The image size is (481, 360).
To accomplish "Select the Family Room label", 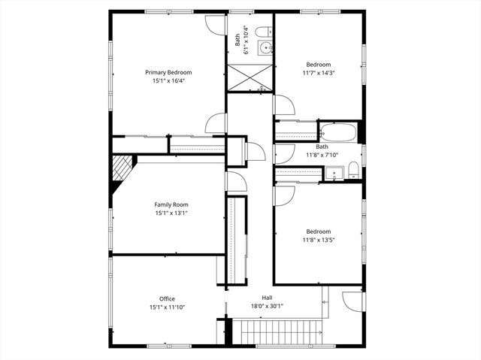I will click(x=171, y=204).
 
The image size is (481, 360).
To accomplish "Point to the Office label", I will click(x=167, y=299).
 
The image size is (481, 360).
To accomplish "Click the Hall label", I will click(x=267, y=298).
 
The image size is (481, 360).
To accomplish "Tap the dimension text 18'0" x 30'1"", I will click(x=267, y=306).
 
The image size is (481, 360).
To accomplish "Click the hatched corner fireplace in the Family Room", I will click(x=121, y=171).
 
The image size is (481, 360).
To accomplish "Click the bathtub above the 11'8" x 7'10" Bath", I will click(x=337, y=132).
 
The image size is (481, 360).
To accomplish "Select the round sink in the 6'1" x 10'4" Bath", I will click(x=265, y=49).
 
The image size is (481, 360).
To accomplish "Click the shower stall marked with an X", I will click(x=249, y=77).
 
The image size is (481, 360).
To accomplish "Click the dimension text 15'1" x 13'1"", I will click(x=171, y=213).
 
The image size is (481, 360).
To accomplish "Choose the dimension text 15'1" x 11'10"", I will click(x=167, y=307).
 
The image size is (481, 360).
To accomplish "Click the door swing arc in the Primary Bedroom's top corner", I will click(x=216, y=23).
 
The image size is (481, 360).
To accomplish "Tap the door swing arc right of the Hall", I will click(x=352, y=301).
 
